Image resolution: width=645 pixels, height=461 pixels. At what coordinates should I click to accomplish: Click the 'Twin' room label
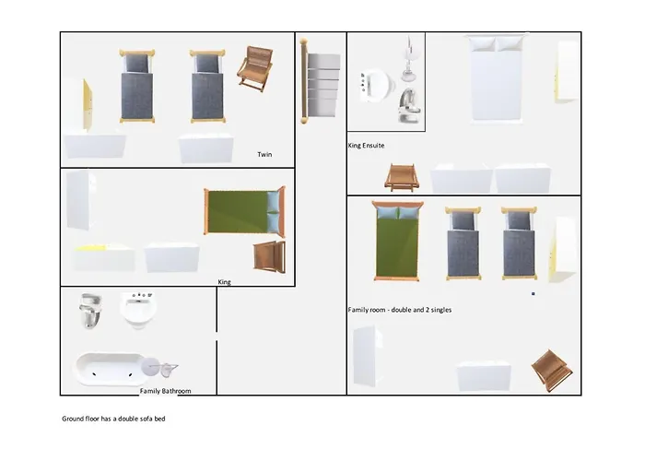tap(264, 154)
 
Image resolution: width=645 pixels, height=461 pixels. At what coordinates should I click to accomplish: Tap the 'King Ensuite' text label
tap(366, 146)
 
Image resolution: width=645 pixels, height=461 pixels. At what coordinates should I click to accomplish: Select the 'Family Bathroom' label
tap(165, 391)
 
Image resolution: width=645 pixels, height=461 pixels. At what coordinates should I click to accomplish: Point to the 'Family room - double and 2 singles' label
tap(400, 310)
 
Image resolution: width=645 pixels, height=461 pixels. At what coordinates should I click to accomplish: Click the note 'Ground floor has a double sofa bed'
tap(113, 419)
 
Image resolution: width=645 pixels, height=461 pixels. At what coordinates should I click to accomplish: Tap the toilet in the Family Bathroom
tap(91, 311)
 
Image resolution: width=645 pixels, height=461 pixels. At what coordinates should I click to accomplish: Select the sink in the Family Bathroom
tap(138, 310)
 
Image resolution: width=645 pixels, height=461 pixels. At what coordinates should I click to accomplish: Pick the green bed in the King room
tap(244, 211)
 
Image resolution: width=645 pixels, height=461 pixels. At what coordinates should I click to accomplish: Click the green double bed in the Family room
tap(397, 242)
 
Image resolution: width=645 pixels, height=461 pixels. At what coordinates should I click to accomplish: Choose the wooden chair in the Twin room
tap(255, 68)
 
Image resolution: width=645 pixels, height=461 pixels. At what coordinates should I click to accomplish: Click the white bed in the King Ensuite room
tap(497, 78)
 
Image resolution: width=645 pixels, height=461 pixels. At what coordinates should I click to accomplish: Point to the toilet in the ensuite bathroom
tap(409, 106)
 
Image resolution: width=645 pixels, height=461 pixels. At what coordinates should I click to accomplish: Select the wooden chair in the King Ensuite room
tap(402, 178)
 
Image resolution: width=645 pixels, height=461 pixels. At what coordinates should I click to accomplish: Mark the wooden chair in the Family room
tap(552, 371)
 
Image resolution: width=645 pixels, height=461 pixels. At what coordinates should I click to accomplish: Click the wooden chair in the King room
tap(269, 257)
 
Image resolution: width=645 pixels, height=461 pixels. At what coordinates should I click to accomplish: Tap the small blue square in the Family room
tap(534, 294)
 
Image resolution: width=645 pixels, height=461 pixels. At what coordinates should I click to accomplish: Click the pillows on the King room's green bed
tap(273, 212)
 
